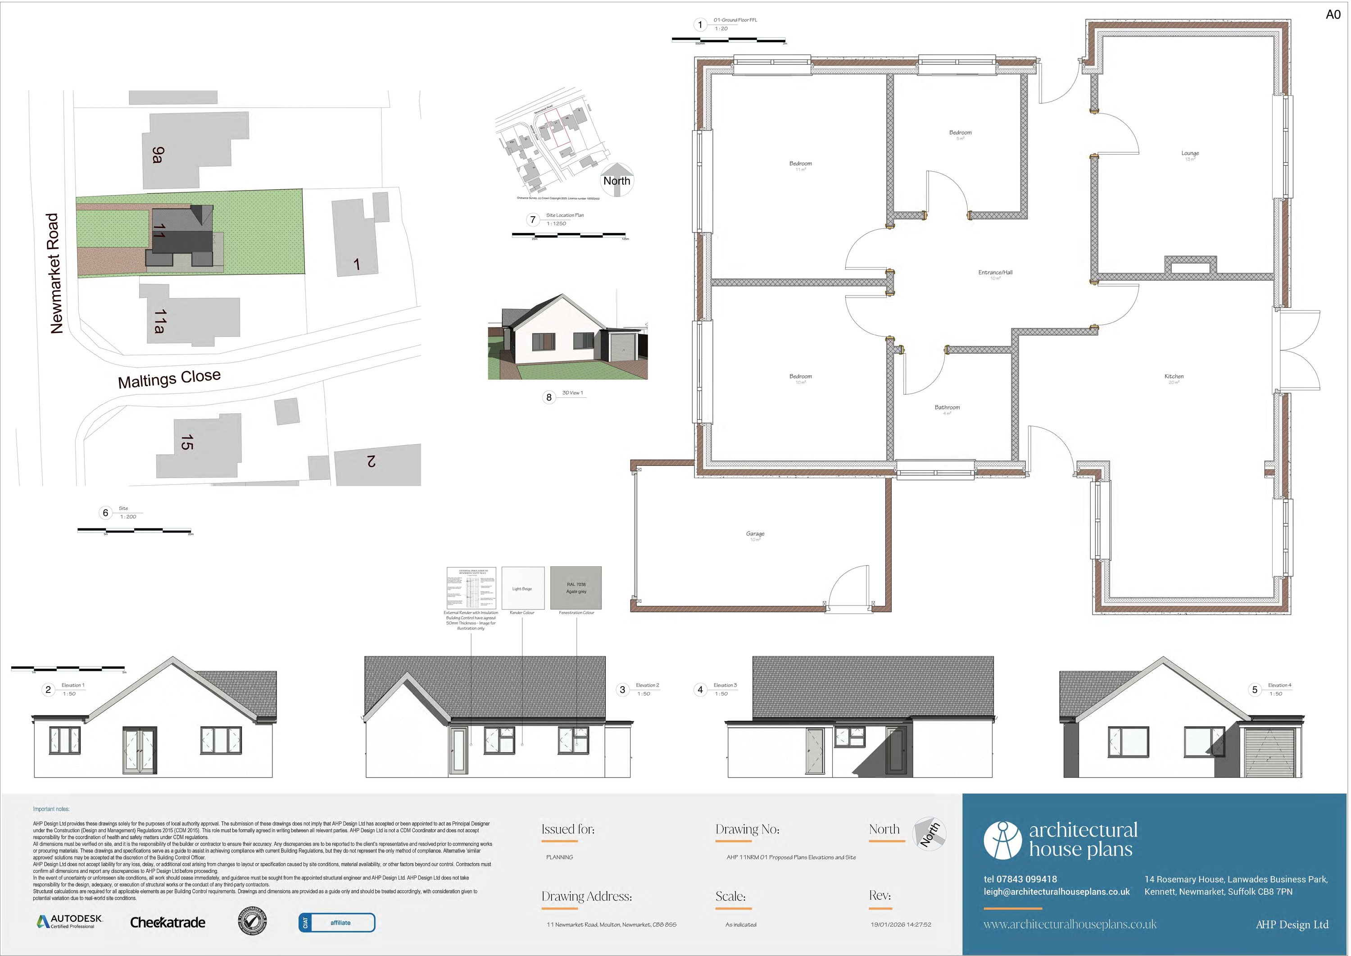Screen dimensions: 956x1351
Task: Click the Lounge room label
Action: (1190, 154)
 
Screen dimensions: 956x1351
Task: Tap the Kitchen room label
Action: (1174, 377)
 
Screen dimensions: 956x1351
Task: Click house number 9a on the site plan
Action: (158, 155)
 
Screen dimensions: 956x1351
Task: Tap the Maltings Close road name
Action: (169, 378)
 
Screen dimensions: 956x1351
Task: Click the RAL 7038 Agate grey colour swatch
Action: (576, 588)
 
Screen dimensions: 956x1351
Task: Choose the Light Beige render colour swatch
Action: (522, 588)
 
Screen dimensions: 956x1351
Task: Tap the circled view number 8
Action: (549, 397)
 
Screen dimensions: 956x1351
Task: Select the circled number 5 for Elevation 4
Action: (1255, 689)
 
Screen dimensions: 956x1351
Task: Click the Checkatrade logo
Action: (168, 923)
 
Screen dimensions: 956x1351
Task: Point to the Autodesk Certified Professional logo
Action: (70, 921)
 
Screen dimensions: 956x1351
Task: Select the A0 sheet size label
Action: (1333, 15)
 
